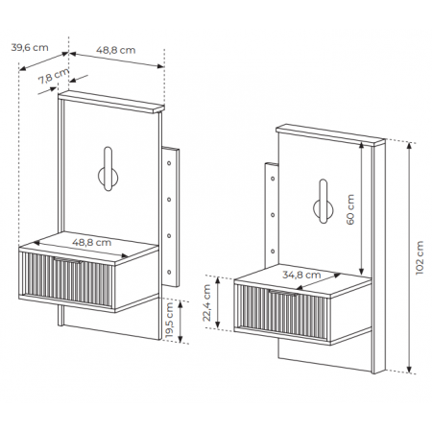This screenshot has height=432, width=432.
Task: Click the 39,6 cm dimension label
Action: pos(30,48)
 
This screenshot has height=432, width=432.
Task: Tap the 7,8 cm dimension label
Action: pos(54,77)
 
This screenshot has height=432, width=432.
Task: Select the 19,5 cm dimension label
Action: pos(169,321)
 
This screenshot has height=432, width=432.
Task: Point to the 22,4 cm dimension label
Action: pos(206,303)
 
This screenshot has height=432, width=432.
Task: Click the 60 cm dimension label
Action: pos(350,209)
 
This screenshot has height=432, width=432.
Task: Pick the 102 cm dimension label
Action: pos(420,257)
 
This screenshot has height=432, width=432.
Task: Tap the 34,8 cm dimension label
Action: pos(301,275)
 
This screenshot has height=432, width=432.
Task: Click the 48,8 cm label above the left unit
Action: pos(116,50)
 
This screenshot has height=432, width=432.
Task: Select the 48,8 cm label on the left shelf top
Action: pos(92,242)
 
